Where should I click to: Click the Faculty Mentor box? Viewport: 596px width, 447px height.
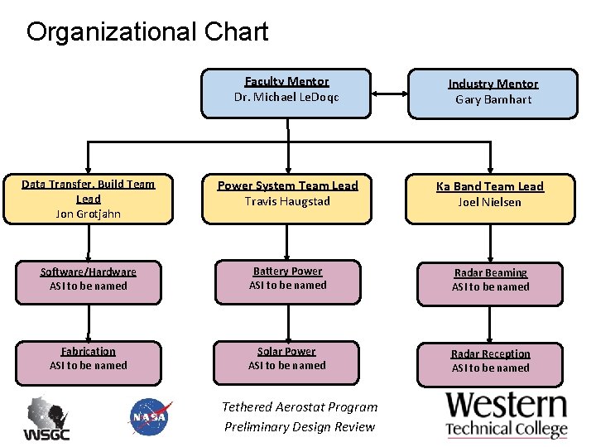[x=286, y=93]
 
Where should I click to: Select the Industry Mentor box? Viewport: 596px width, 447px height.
[x=493, y=93]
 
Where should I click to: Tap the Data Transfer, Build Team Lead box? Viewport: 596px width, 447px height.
[x=88, y=199]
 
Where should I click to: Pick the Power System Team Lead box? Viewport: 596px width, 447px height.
[x=287, y=199]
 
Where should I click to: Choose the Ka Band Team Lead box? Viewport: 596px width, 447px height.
[x=489, y=199]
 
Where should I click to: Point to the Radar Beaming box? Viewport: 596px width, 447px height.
[x=490, y=281]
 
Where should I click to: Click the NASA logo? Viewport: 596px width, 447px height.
[x=150, y=416]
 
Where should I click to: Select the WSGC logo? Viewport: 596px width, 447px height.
[x=46, y=418]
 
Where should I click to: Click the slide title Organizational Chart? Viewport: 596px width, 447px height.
[x=147, y=32]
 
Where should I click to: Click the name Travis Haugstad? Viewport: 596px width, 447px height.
[x=287, y=201]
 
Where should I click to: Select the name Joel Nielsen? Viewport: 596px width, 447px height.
[x=489, y=202]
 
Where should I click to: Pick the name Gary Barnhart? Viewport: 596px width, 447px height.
[x=493, y=99]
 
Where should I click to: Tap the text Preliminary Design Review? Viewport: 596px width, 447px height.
[x=300, y=427]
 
